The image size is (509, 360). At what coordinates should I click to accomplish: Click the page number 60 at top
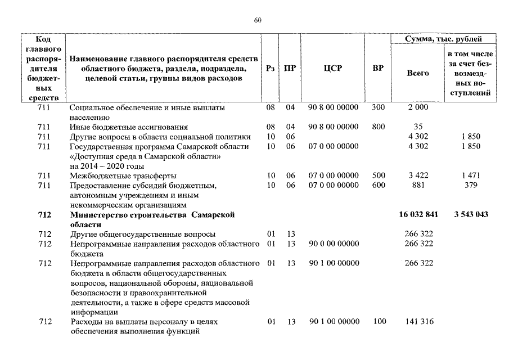coord(258,20)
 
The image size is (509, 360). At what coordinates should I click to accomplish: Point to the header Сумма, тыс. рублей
coord(443,39)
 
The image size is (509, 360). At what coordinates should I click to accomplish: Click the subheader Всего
coord(417,73)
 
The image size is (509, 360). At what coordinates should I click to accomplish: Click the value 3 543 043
coord(471,215)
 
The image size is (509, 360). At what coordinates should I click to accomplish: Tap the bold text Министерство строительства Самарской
coord(152,215)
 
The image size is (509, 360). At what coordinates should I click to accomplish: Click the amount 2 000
coord(417,107)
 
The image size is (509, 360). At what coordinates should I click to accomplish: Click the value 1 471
coord(471,175)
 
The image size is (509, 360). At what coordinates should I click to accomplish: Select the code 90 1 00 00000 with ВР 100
coord(334,322)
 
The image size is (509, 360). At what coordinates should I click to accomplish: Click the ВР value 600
coord(379,185)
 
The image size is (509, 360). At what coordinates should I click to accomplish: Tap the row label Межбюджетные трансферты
coord(123,175)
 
